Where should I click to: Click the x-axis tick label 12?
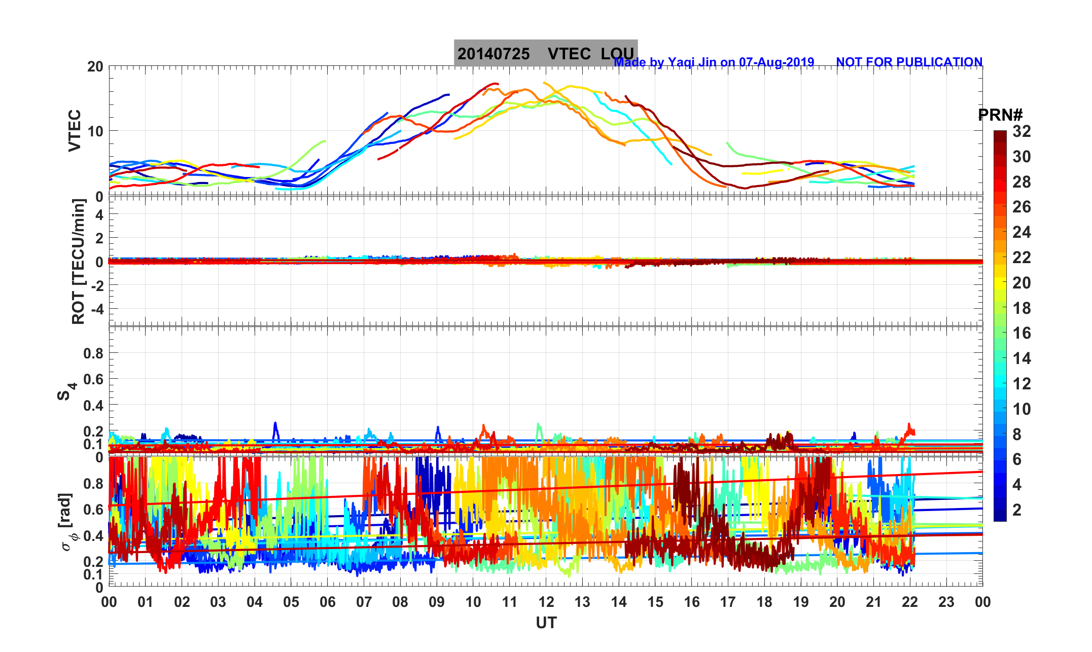coord(546,602)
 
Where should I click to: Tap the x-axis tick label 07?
coord(364,602)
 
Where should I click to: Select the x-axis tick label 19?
coord(800,602)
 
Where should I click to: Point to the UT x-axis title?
coord(546,623)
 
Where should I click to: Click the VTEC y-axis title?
coord(75,130)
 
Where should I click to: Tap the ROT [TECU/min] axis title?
coord(78,261)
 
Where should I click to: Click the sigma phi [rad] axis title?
coord(66,522)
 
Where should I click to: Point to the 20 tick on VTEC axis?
coord(95,67)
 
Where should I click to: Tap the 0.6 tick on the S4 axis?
coord(93,379)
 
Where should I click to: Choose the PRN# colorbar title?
coord(1000,115)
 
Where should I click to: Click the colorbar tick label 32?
coord(1021,131)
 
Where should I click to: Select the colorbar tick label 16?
coord(1021,333)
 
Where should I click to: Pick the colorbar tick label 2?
coord(1016,510)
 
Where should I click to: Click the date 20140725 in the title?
coord(494,54)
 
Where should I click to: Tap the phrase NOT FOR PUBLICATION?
coord(909,62)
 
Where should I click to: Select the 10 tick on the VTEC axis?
coord(95,131)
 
